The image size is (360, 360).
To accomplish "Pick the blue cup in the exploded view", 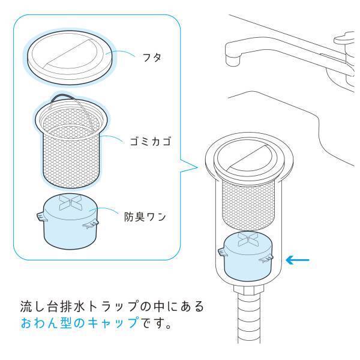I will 71,231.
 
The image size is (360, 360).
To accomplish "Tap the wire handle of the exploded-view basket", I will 66,99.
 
